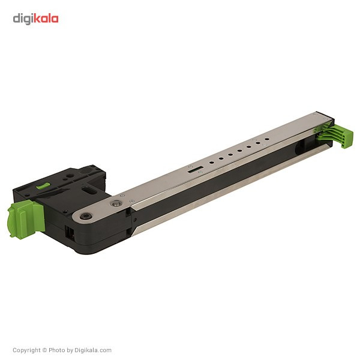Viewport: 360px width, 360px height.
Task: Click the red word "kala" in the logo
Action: [x=46, y=19]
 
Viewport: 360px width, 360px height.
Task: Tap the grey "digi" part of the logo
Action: [x=23, y=19]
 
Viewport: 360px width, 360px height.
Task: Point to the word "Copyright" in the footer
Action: [x=26, y=350]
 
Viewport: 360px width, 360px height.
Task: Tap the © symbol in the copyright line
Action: [x=44, y=350]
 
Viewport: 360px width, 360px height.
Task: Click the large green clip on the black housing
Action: [x=26, y=218]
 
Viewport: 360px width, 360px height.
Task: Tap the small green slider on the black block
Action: [x=43, y=186]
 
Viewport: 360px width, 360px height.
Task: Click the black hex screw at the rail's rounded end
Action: [x=86, y=216]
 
